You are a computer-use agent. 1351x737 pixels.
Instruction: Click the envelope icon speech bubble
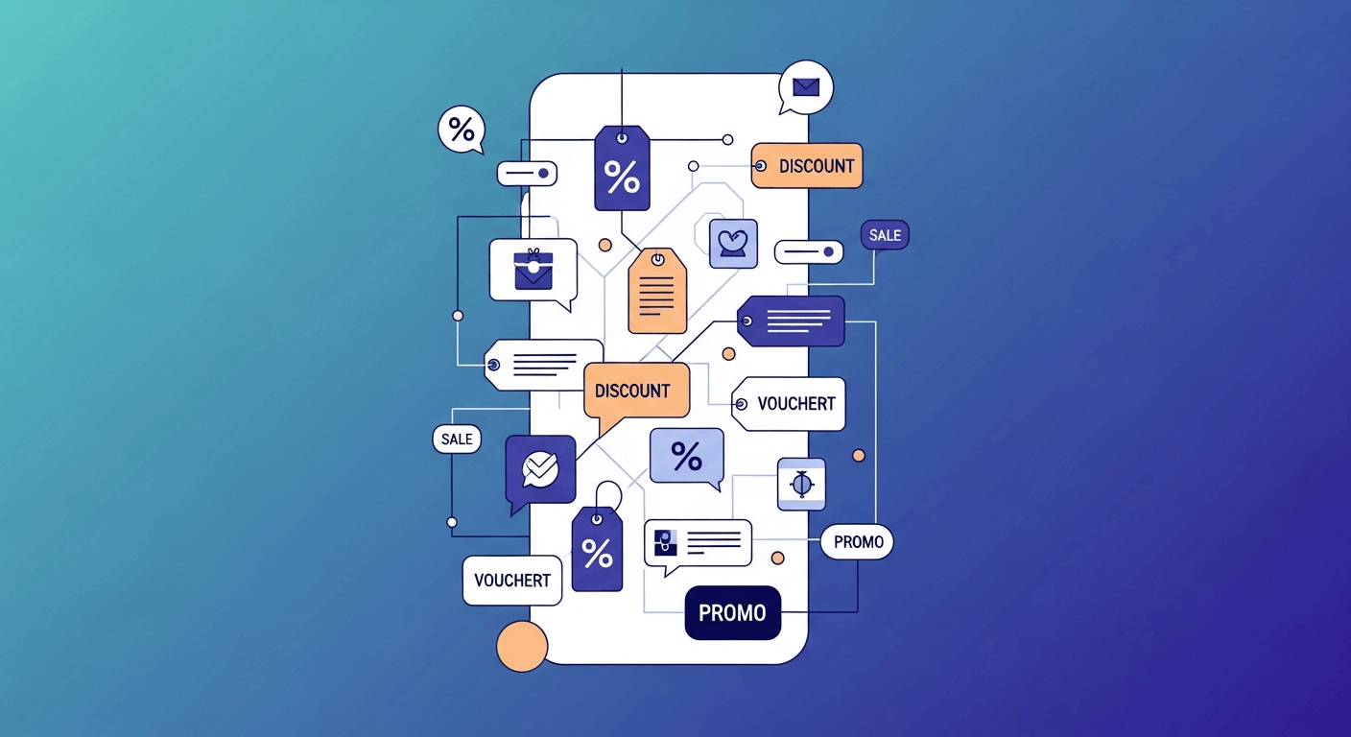pyautogui.click(x=806, y=87)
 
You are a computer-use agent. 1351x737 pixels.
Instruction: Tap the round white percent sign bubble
pyautogui.click(x=462, y=130)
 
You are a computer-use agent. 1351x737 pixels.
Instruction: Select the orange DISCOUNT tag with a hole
pyautogui.click(x=807, y=166)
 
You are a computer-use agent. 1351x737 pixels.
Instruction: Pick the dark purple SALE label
pyautogui.click(x=885, y=235)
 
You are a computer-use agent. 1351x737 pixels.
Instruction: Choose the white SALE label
pyautogui.click(x=457, y=440)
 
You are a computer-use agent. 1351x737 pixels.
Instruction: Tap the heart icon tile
pyautogui.click(x=733, y=244)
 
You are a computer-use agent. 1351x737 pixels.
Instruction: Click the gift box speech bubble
pyautogui.click(x=533, y=270)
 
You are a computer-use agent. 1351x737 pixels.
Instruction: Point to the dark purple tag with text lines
pyautogui.click(x=792, y=321)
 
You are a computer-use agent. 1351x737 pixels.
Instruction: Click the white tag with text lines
pyautogui.click(x=543, y=365)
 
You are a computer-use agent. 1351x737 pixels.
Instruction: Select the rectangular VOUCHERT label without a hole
pyautogui.click(x=512, y=581)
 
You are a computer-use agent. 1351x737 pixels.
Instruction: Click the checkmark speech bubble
pyautogui.click(x=540, y=468)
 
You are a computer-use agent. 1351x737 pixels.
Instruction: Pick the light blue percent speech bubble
pyautogui.click(x=686, y=456)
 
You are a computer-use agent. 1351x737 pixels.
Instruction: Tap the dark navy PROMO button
pyautogui.click(x=732, y=613)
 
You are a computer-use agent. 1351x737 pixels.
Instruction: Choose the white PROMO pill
pyautogui.click(x=858, y=542)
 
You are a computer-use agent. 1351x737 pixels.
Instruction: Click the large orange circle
pyautogui.click(x=522, y=646)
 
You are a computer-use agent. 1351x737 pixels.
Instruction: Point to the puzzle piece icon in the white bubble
pyautogui.click(x=665, y=543)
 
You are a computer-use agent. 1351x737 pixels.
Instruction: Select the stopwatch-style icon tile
pyautogui.click(x=801, y=484)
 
